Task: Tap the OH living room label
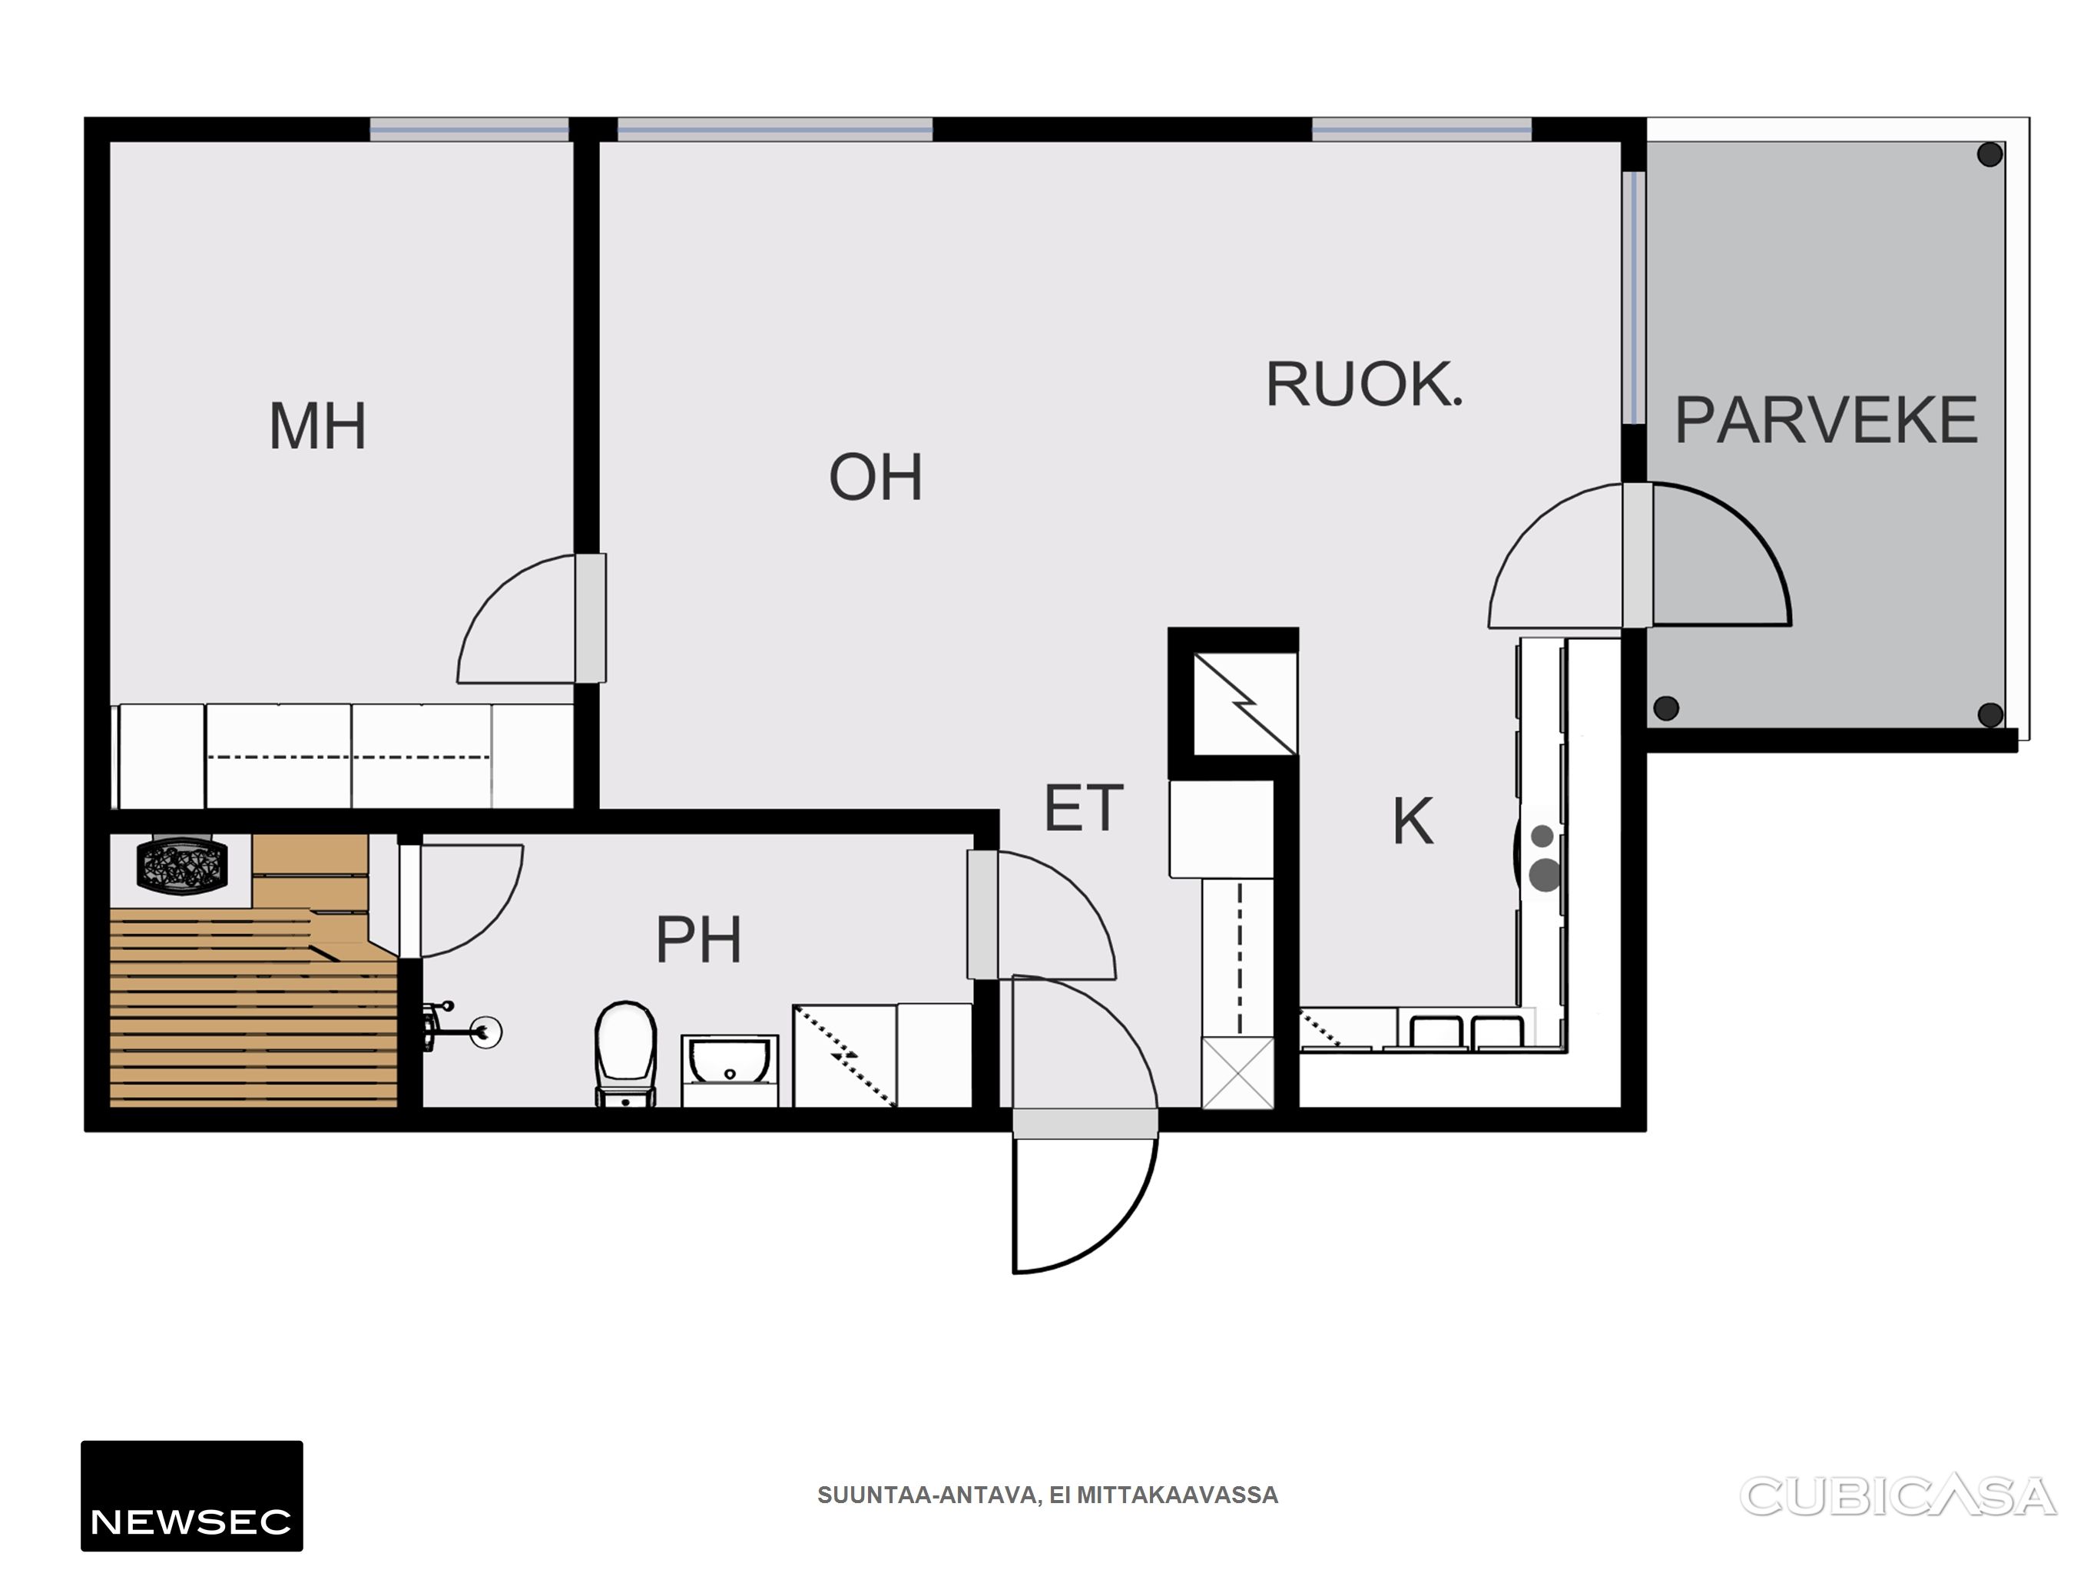(875, 476)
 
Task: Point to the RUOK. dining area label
(1364, 384)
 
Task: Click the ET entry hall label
(1084, 808)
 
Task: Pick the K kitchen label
(1413, 821)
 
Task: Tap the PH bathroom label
(699, 939)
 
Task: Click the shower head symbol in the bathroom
(486, 1032)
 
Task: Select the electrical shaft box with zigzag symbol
(1244, 704)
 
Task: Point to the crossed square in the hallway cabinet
(1237, 1072)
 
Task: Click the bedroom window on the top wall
(469, 130)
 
